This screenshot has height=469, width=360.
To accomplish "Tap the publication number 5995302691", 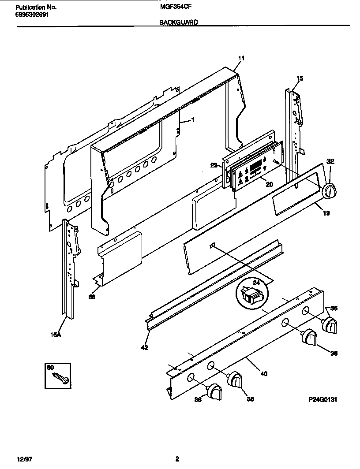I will [x=29, y=14].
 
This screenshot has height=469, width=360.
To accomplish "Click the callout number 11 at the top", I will [x=241, y=58].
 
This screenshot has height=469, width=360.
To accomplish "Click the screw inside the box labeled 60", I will [x=60, y=377].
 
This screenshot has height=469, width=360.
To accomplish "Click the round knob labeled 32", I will [x=330, y=190].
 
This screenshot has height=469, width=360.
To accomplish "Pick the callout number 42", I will [x=145, y=347].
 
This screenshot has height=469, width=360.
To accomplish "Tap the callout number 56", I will [x=92, y=297].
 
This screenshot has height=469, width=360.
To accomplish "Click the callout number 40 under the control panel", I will [x=263, y=374].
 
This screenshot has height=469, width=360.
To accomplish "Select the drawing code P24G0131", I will [x=322, y=400].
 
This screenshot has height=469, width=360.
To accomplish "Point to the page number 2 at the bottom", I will [x=177, y=459].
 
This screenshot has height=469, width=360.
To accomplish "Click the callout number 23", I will [x=213, y=165].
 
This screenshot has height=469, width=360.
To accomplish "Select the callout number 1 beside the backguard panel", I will [x=192, y=120].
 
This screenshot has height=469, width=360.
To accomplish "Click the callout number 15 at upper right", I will [x=300, y=78].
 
